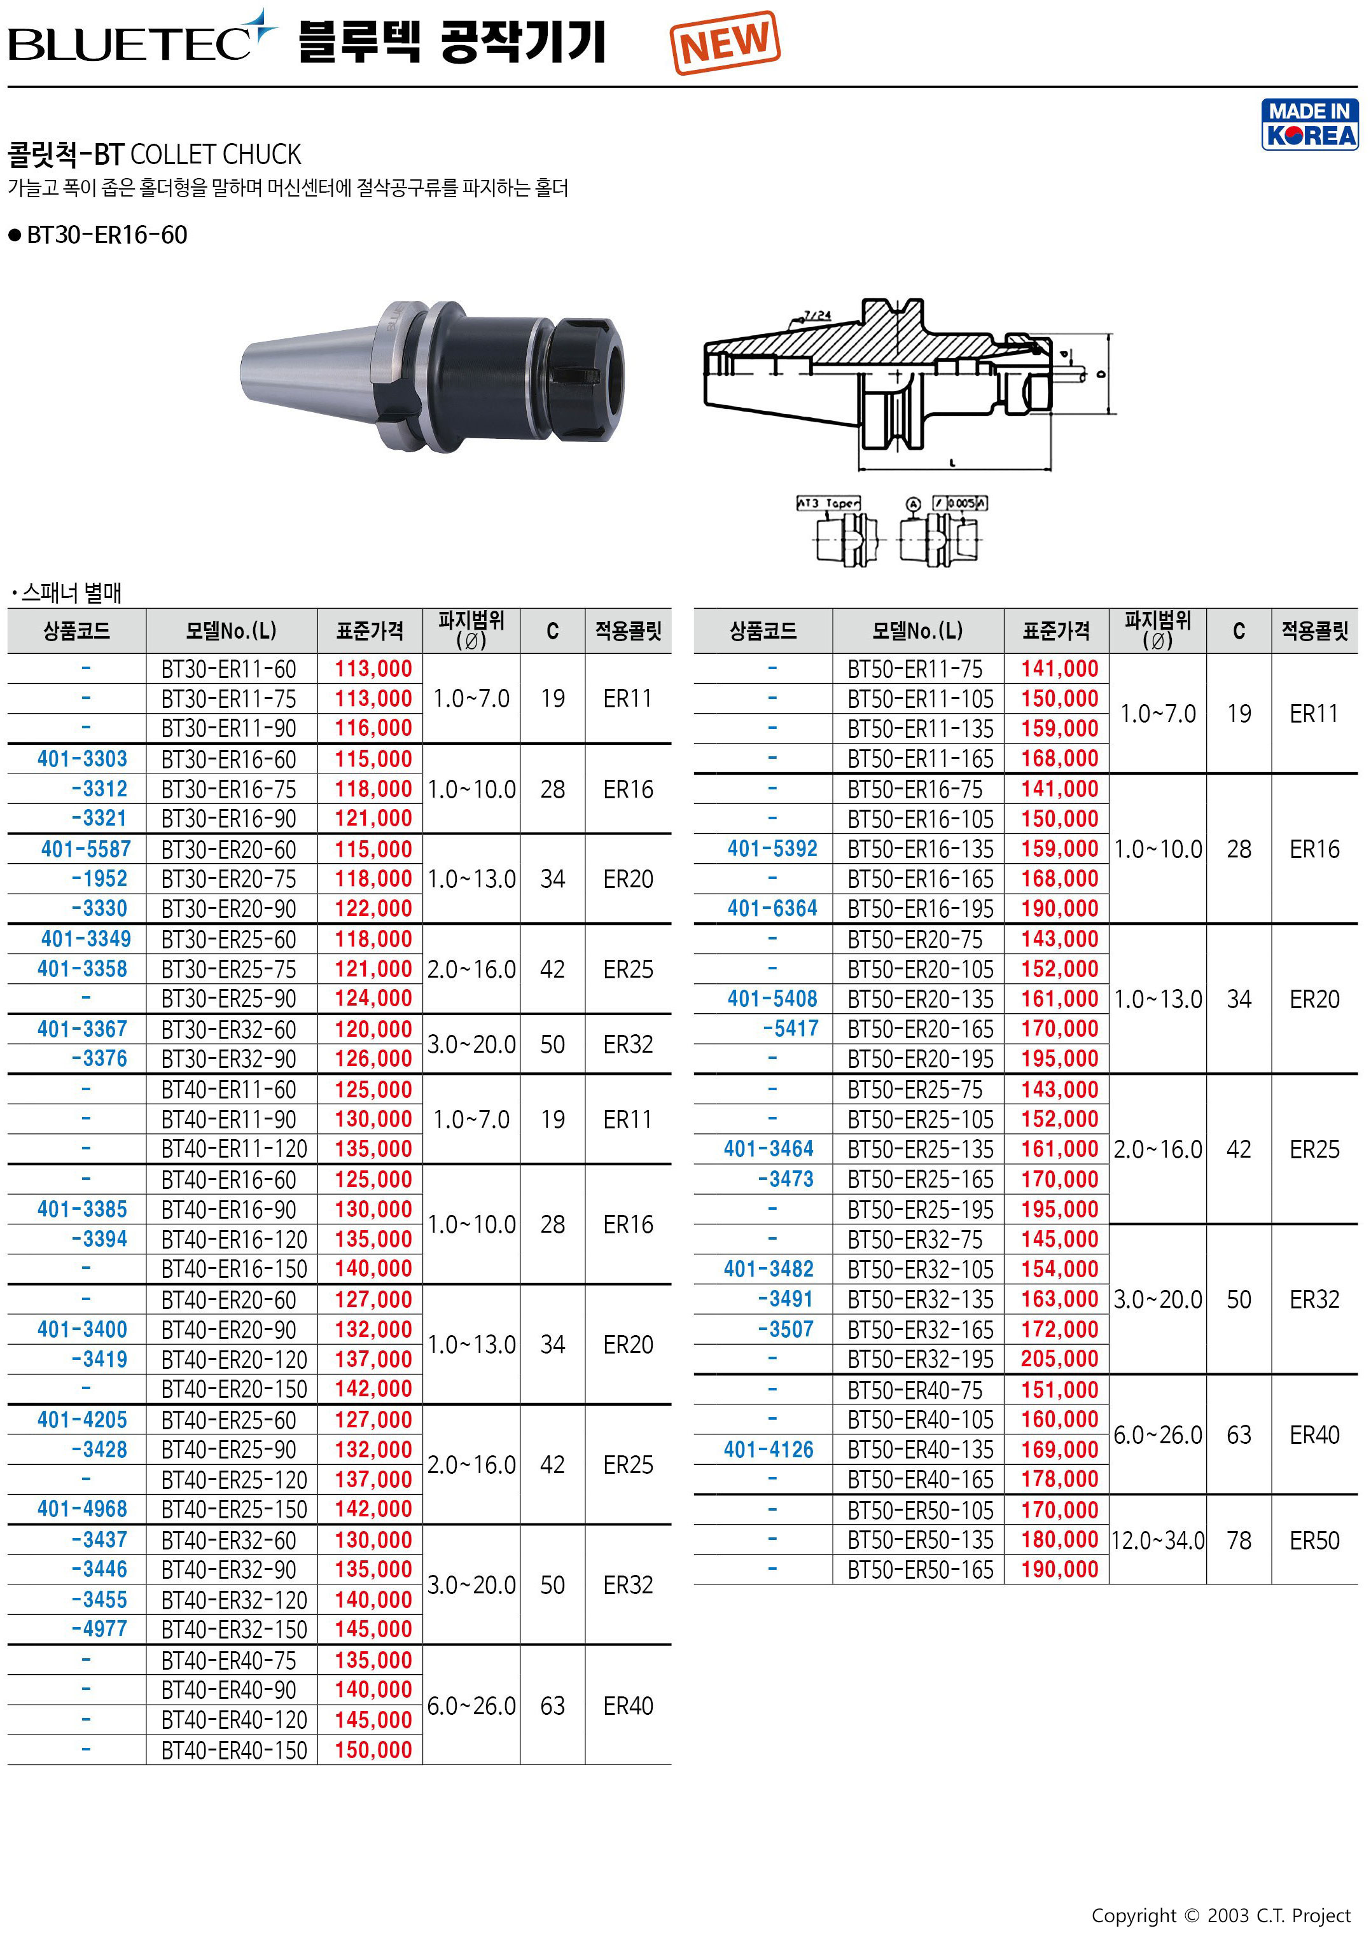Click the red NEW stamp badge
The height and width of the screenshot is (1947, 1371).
(x=725, y=43)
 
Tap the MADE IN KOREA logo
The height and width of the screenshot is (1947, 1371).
(x=1309, y=125)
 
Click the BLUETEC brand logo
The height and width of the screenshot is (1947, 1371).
(x=143, y=38)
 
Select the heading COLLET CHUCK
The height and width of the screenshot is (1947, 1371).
(x=216, y=155)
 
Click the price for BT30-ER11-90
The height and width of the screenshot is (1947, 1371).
(x=372, y=728)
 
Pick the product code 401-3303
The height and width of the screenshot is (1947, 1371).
(x=82, y=758)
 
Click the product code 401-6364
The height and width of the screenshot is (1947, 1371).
(x=772, y=908)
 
